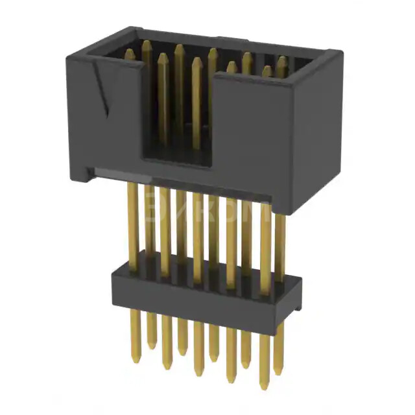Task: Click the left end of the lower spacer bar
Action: (x=117, y=285)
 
